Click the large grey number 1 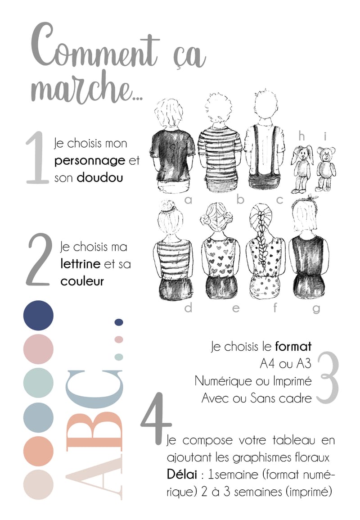tap(36, 158)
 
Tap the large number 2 tap(39, 259)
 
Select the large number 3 tap(328, 378)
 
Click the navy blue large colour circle tap(38, 316)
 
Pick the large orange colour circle tap(38, 451)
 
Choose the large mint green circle tap(38, 383)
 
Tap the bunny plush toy tap(301, 169)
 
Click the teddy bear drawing tap(325, 169)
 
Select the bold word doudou tap(100, 178)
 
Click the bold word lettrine tap(81, 264)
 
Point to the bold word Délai tap(182, 474)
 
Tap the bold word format tap(293, 347)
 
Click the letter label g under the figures tap(316, 309)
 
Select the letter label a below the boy tap(188, 200)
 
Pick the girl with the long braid tap(264, 250)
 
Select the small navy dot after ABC tap(119, 322)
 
